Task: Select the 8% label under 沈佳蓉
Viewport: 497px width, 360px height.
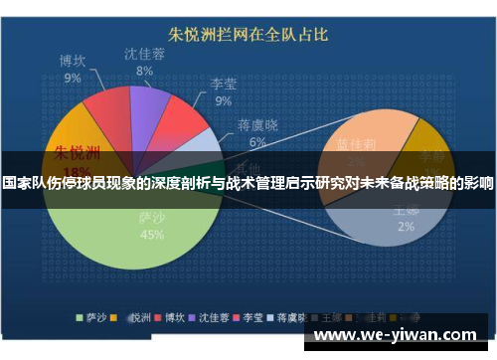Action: coord(144,72)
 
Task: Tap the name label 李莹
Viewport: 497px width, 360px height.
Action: coord(223,85)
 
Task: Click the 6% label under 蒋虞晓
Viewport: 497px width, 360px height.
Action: coord(256,142)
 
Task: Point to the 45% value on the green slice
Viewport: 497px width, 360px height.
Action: coord(152,235)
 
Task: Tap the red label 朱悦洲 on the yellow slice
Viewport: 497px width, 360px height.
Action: coord(78,153)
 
